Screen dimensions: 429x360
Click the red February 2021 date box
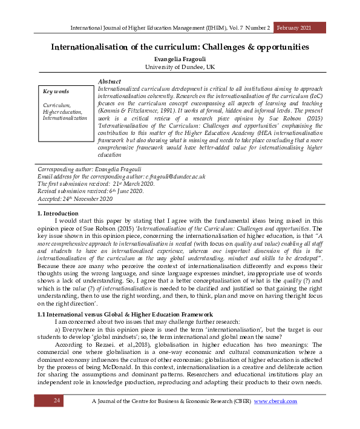pyautogui.click(x=300, y=28)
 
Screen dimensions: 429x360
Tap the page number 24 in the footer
pyautogui.click(x=57, y=401)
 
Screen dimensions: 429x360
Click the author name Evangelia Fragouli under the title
pyautogui.click(x=180, y=59)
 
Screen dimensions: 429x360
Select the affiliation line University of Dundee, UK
pyautogui.click(x=180, y=67)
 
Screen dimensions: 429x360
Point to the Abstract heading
pyautogui.click(x=109, y=82)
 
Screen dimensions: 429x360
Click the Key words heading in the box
pyautogui.click(x=56, y=92)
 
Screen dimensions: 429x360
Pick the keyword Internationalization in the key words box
pyautogui.click(x=65, y=118)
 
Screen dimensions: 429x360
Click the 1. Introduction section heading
pyautogui.click(x=57, y=214)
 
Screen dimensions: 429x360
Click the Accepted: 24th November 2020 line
pyautogui.click(x=75, y=198)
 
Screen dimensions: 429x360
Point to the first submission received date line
pyautogui.click(x=96, y=183)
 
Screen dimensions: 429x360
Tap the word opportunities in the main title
pyautogui.click(x=276, y=47)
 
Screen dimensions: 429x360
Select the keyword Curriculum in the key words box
pyautogui.click(x=56, y=105)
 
